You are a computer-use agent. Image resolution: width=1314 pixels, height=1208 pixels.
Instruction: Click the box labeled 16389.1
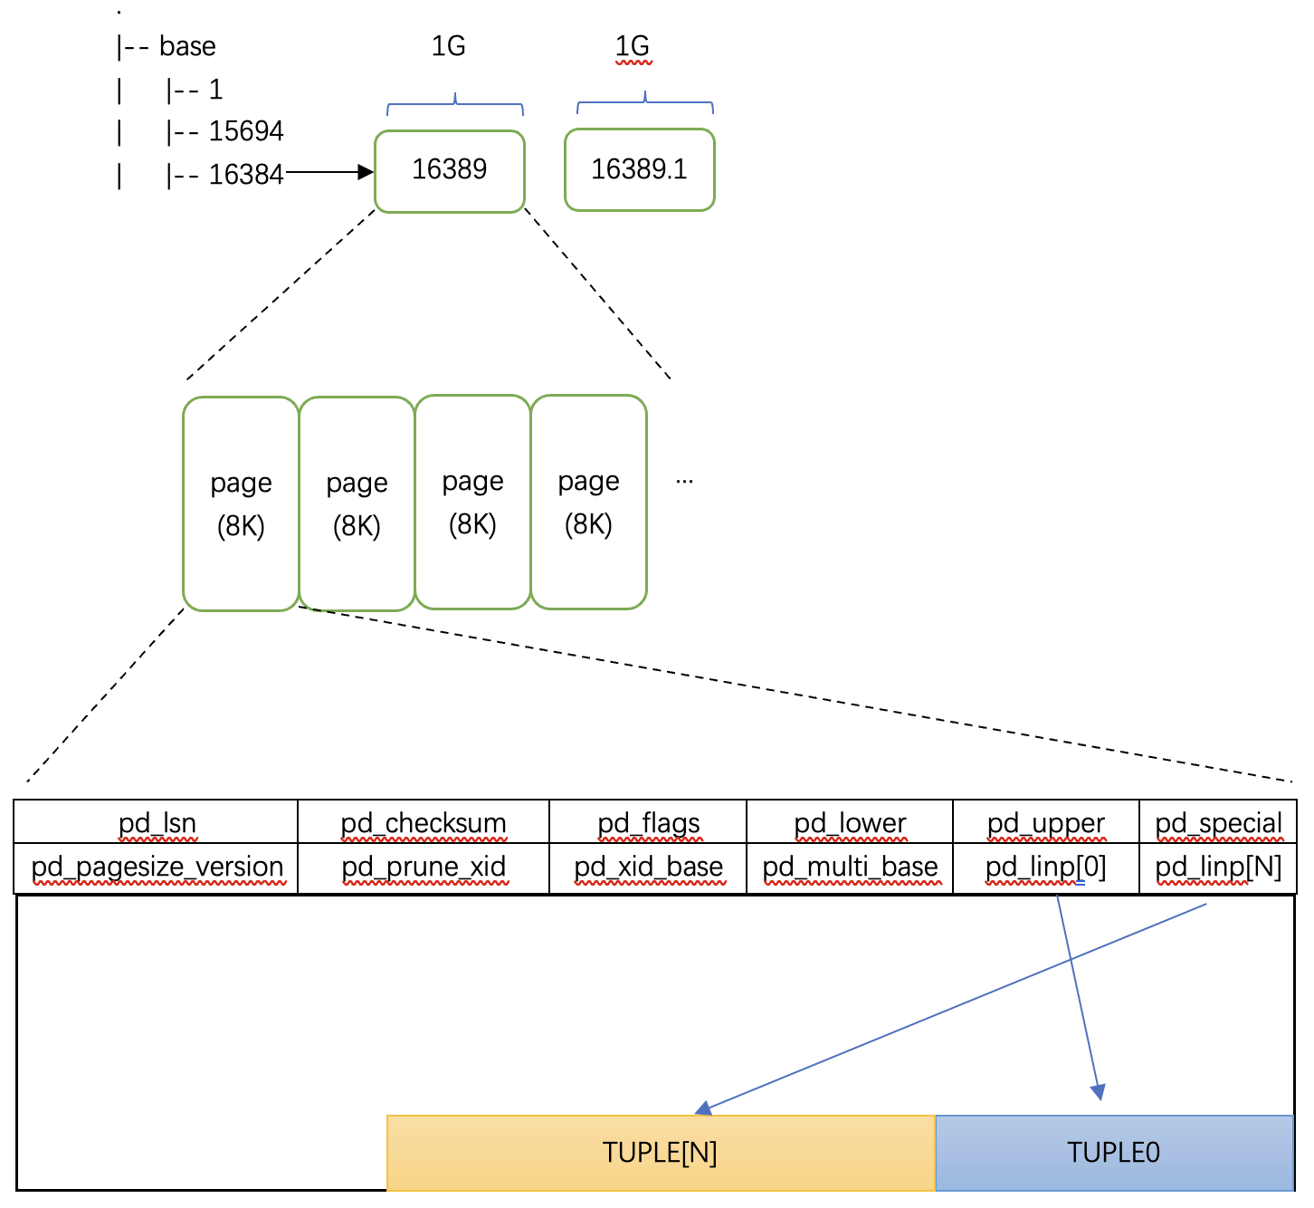click(x=639, y=169)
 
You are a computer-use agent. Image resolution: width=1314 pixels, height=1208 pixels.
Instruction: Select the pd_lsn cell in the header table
click(x=156, y=821)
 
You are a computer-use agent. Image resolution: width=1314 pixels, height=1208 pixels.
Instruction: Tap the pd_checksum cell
click(x=424, y=821)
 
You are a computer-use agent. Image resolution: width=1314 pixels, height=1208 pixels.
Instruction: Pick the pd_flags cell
click(x=648, y=821)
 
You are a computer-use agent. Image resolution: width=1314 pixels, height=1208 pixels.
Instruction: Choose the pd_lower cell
click(x=850, y=821)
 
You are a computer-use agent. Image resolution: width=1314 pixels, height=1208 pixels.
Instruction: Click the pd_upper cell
click(x=1046, y=821)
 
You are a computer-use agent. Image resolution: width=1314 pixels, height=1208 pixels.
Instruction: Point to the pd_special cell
click(x=1218, y=821)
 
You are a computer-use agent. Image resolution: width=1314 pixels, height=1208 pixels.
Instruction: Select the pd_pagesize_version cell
click(x=156, y=868)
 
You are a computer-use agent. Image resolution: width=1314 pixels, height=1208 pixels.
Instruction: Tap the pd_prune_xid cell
click(x=424, y=868)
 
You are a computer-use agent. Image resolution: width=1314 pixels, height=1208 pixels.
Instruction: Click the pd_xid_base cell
click(x=648, y=868)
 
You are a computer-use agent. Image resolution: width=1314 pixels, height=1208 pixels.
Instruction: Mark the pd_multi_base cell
click(x=850, y=868)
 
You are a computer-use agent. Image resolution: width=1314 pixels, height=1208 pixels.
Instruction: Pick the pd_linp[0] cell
click(x=1046, y=868)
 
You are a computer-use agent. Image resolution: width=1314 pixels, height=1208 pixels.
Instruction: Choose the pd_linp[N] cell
click(x=1218, y=868)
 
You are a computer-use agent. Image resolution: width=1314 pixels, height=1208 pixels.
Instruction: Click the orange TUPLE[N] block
click(x=661, y=1152)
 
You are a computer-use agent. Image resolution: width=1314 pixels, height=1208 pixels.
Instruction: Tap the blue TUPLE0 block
click(x=1114, y=1152)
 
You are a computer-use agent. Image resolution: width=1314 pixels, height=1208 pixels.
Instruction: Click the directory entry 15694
click(x=245, y=131)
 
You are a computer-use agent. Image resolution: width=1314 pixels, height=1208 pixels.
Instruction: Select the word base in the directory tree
click(x=187, y=46)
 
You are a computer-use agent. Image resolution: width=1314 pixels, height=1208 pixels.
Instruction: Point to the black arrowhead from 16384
click(x=366, y=172)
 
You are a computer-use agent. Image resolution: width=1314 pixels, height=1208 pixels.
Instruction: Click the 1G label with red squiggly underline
click(x=633, y=47)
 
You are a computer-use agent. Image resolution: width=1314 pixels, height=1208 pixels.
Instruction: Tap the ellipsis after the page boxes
click(x=684, y=482)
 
